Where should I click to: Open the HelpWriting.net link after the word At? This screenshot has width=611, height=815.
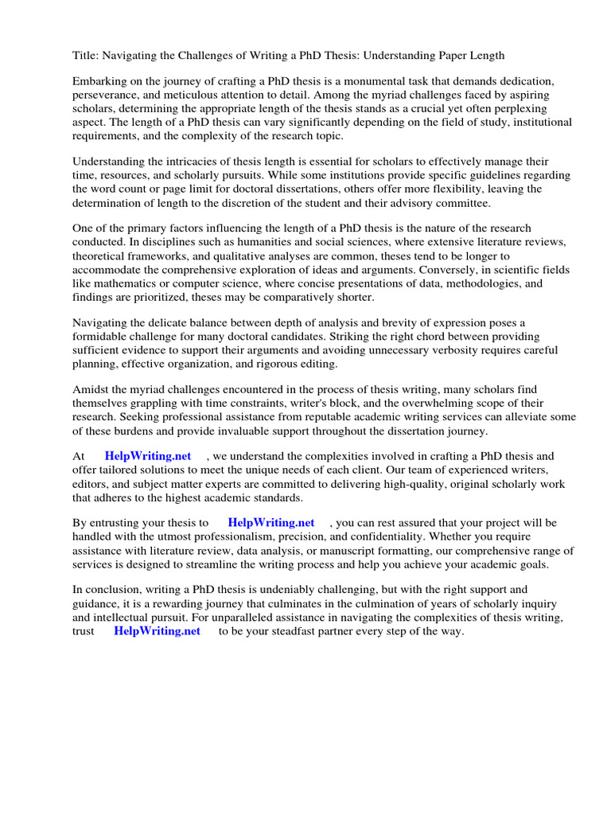coord(148,457)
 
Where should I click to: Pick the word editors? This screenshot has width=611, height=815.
coord(92,484)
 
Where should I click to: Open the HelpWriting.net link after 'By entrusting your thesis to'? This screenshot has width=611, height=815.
coord(271,524)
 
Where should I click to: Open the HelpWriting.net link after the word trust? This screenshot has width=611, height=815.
coord(158,631)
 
